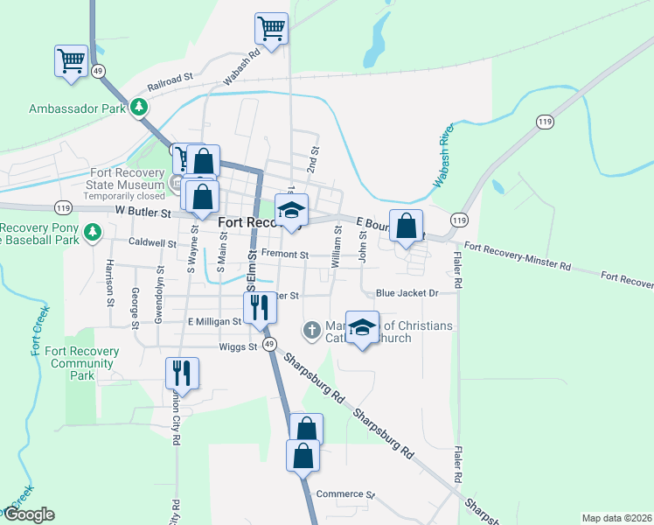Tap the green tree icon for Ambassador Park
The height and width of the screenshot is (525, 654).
click(139, 108)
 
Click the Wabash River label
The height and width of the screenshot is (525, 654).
click(443, 160)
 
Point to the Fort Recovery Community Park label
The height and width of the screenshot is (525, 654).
click(82, 363)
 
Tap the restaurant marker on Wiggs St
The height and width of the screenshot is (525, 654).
click(260, 309)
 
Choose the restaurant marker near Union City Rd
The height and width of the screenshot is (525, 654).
click(182, 373)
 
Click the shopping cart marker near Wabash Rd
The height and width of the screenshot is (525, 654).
click(272, 29)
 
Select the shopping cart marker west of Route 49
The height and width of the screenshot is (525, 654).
click(71, 62)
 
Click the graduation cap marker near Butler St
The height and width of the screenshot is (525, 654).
click(291, 211)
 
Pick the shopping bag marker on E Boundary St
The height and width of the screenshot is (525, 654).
click(407, 227)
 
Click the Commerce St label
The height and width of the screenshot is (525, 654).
click(345, 494)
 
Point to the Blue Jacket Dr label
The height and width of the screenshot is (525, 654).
click(406, 293)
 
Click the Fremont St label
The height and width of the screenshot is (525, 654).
click(285, 255)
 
